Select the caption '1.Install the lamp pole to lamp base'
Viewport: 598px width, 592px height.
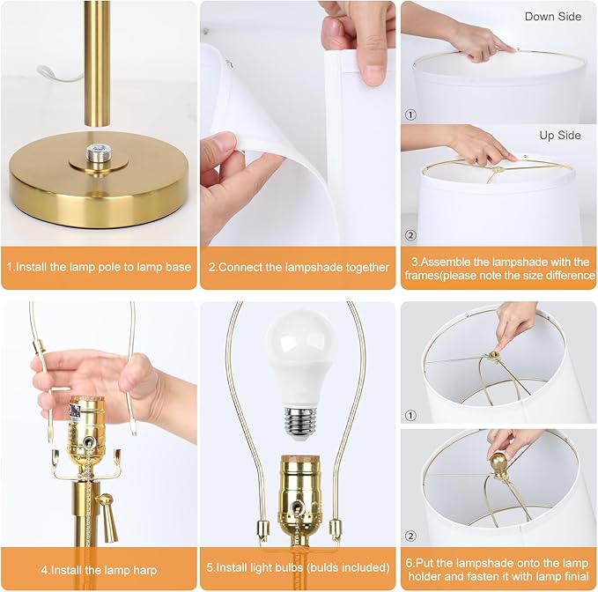99,266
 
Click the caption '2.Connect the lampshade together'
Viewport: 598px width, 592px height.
299,267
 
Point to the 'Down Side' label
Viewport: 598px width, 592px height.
553,17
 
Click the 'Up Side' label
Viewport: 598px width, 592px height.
560,135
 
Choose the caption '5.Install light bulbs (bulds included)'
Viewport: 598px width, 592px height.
299,567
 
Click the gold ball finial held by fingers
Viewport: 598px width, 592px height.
498,463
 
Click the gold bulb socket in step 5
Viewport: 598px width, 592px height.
299,494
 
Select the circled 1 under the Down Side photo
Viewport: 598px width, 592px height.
410,115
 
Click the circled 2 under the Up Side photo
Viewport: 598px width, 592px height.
410,234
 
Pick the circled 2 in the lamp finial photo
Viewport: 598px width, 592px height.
410,535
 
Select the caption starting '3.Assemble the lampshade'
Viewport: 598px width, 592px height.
498,268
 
